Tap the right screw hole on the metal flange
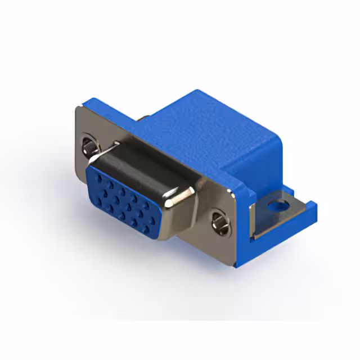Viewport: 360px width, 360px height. [x=221, y=223]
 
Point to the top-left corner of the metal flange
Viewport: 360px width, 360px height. [x=79, y=107]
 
